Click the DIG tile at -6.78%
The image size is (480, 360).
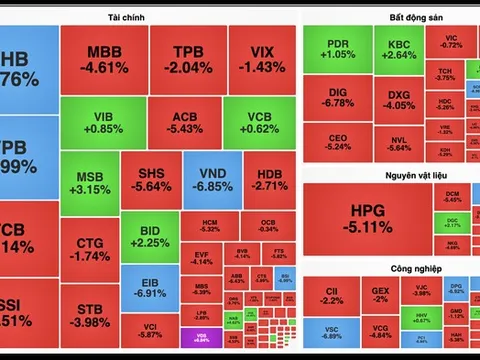(337, 96)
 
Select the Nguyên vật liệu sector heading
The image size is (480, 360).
(390, 177)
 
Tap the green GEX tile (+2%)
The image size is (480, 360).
(380, 295)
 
